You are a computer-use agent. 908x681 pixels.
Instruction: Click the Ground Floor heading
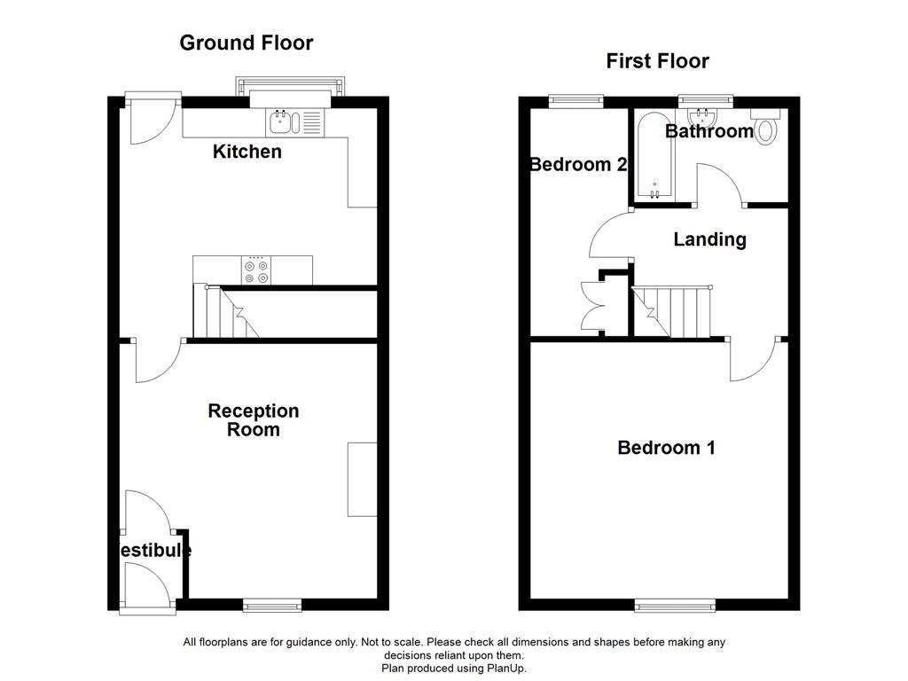click(246, 43)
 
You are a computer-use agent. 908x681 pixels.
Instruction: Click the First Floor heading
click(657, 61)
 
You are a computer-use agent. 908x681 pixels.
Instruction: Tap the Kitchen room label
click(247, 152)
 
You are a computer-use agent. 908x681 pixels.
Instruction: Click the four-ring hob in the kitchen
click(256, 270)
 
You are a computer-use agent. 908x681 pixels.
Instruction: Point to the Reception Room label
click(253, 420)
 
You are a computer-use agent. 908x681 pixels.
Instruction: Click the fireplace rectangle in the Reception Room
click(362, 479)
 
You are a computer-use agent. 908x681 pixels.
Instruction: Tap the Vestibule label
click(154, 551)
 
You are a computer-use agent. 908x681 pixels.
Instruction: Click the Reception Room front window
click(272, 605)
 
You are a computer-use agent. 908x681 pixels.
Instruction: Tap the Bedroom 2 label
click(578, 165)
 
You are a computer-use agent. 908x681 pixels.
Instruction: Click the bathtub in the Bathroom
click(654, 156)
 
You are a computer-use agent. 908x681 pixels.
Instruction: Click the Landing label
click(709, 239)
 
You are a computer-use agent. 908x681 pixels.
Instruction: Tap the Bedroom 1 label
click(666, 448)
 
